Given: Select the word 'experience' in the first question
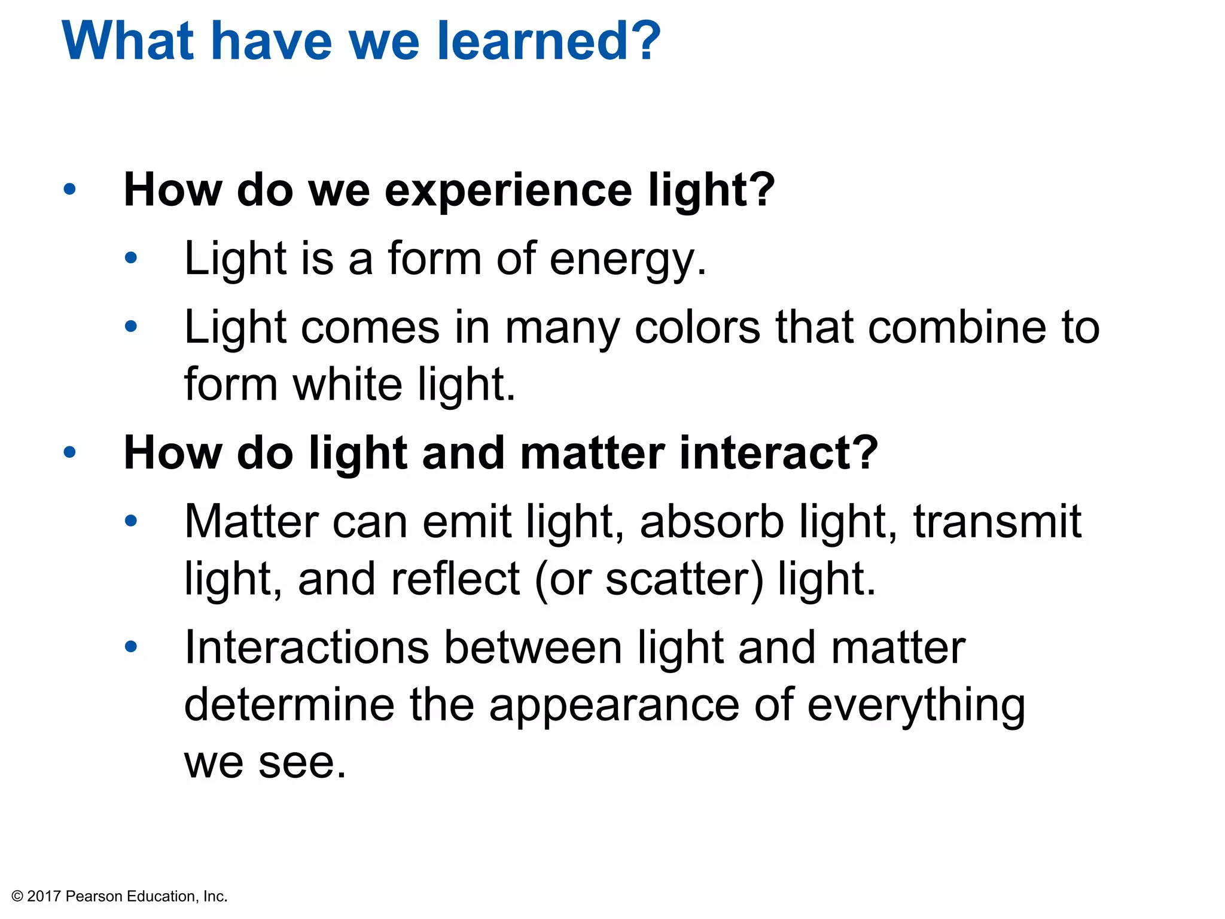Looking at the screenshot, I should click(x=508, y=190).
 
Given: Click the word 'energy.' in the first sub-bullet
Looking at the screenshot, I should click(x=628, y=259).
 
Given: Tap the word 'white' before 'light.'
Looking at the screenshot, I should click(x=348, y=384).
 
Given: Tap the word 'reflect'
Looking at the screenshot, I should click(x=455, y=579).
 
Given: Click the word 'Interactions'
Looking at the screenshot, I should click(x=307, y=647).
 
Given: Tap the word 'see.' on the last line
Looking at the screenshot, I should click(x=303, y=762).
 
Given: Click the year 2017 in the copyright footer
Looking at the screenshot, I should click(x=44, y=896).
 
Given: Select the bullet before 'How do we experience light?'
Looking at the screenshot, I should click(x=70, y=190).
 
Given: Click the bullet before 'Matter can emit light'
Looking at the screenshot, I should click(x=131, y=521).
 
